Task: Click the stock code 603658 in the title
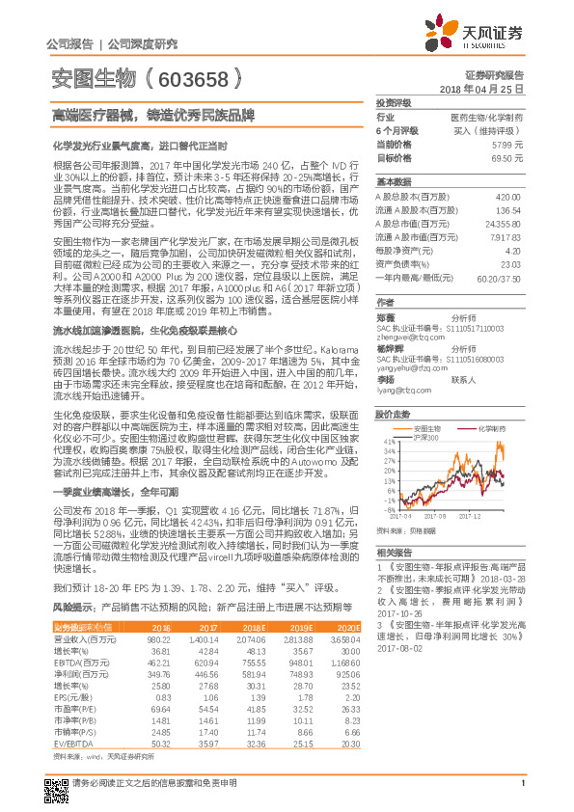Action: [192, 76]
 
